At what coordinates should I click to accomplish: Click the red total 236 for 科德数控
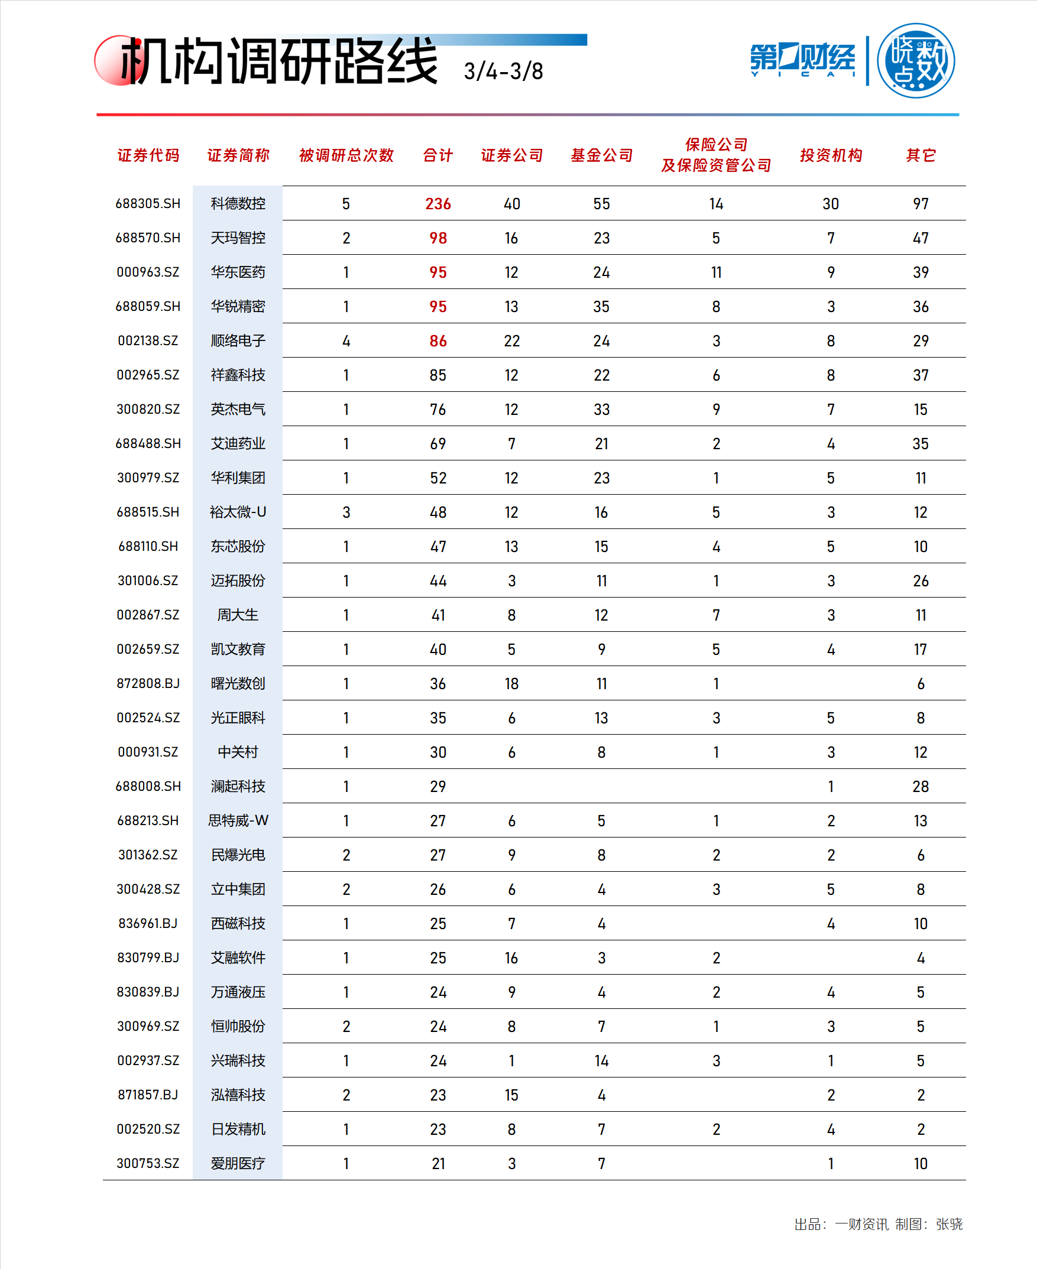tap(438, 205)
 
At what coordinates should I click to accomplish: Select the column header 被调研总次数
tap(346, 155)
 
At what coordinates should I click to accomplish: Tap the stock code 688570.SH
tap(148, 238)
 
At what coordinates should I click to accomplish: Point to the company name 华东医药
tap(238, 272)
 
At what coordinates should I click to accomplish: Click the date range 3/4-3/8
tap(504, 71)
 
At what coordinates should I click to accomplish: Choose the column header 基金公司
tap(601, 155)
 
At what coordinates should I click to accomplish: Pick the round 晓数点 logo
tap(916, 60)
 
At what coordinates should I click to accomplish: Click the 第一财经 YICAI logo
tap(802, 60)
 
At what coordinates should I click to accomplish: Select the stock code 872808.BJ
tap(148, 683)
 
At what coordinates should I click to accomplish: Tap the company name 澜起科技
tap(238, 787)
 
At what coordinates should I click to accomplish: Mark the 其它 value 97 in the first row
tap(921, 205)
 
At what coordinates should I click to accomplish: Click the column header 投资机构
tap(831, 155)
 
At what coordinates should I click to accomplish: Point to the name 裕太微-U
tap(238, 512)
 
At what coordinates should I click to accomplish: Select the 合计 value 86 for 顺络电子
tap(438, 341)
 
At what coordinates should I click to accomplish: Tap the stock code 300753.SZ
tap(148, 1163)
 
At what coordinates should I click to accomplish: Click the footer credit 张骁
tap(949, 1224)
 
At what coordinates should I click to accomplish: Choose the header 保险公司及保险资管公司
tap(715, 155)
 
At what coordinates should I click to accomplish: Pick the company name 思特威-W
tap(238, 820)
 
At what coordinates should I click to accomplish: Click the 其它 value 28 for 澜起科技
tap(921, 787)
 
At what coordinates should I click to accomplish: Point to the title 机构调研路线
tap(278, 61)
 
